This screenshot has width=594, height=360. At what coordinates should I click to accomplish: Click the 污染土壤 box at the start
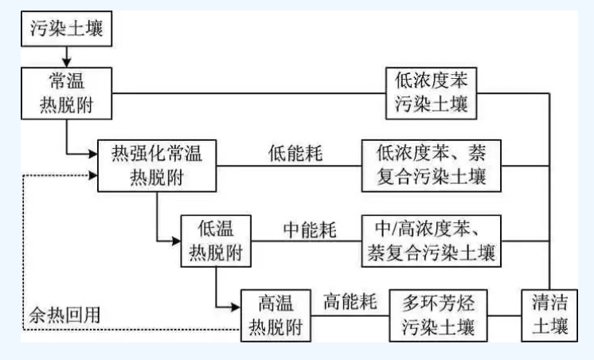point(67,29)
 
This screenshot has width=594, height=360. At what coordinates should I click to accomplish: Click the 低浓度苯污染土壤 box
point(431,92)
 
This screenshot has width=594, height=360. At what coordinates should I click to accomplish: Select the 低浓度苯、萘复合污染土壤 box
point(431,165)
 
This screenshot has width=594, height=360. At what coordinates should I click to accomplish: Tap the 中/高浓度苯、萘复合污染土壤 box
point(431,240)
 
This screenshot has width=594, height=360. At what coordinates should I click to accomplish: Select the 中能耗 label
point(311,229)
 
